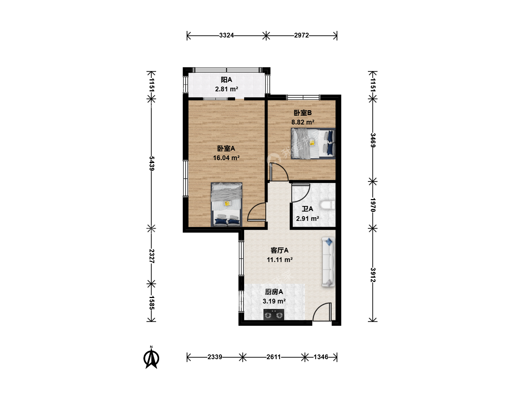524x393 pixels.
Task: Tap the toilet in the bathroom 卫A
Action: pyautogui.click(x=327, y=205)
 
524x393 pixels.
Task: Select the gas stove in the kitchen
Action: pyautogui.click(x=274, y=314)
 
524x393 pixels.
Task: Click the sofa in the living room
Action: pyautogui.click(x=328, y=262)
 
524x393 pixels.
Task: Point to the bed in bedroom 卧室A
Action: pyautogui.click(x=226, y=205)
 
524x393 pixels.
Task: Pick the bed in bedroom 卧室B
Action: pyautogui.click(x=313, y=144)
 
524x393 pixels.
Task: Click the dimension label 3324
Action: pyautogui.click(x=226, y=35)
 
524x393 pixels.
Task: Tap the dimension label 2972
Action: pyautogui.click(x=301, y=35)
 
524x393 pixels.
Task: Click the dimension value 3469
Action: pyautogui.click(x=373, y=140)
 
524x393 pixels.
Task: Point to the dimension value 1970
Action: pyautogui.click(x=373, y=205)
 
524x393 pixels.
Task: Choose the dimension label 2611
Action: pyautogui.click(x=274, y=357)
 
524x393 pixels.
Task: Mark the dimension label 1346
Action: pyautogui.click(x=321, y=357)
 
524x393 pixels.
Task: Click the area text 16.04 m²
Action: pyautogui.click(x=226, y=158)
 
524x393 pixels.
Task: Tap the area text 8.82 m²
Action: pyautogui.click(x=303, y=122)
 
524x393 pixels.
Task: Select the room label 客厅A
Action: pyautogui.click(x=279, y=250)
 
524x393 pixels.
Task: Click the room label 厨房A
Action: pyautogui.click(x=274, y=292)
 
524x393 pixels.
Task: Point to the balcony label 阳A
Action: pyautogui.click(x=226, y=80)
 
